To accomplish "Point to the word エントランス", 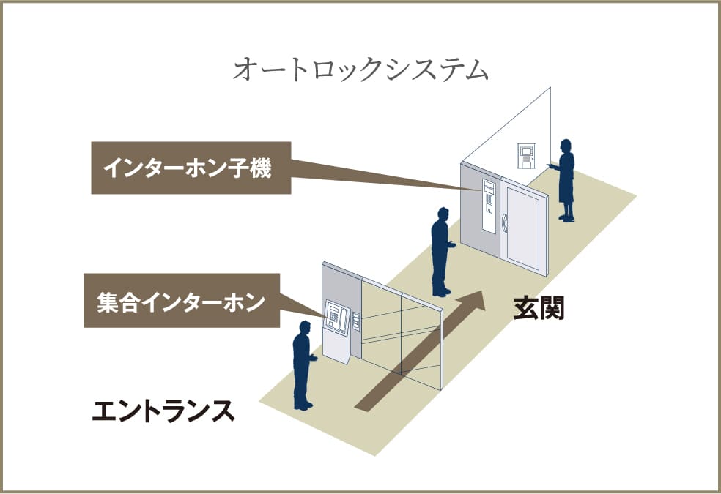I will click(163, 411).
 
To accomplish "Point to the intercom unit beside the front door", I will click(488, 201).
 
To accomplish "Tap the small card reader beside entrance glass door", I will click(356, 321).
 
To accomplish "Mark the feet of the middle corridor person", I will click(442, 291).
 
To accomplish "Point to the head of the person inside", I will click(565, 146).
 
